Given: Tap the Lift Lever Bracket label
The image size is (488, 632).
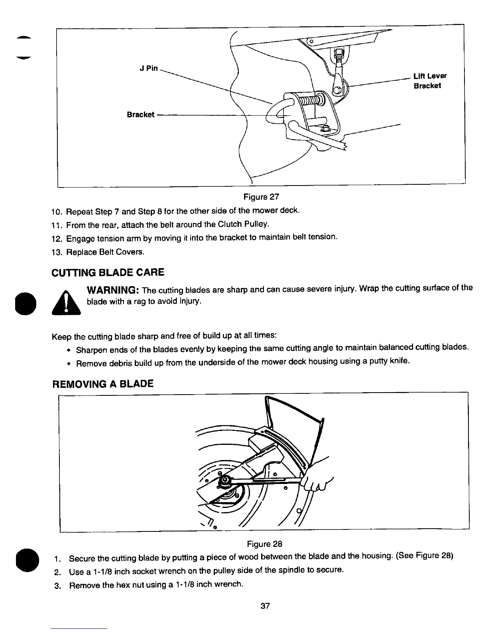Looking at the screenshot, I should (x=430, y=81).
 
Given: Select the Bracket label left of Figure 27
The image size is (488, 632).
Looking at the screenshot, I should (x=140, y=115).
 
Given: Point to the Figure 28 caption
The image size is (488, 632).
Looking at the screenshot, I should (x=264, y=544).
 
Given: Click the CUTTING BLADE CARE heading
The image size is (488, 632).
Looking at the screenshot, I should (x=108, y=273).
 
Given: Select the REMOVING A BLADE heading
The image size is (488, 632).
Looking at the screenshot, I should (x=103, y=384).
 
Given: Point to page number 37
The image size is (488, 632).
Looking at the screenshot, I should (x=265, y=606).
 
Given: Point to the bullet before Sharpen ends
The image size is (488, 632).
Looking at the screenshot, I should (x=69, y=350).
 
